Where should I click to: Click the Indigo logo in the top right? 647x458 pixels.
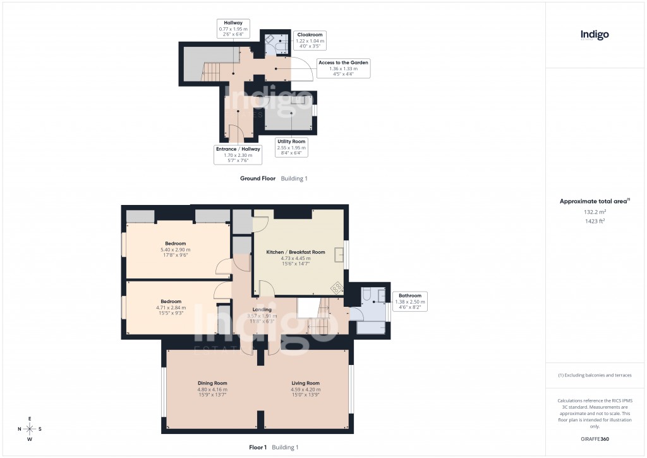(x=595, y=35)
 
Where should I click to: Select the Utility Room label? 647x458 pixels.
(x=291, y=147)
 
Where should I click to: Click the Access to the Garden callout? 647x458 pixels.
(x=343, y=68)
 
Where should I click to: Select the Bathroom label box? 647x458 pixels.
(x=410, y=302)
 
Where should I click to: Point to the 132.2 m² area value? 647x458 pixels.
(x=595, y=213)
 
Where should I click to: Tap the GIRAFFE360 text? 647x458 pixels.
(x=595, y=438)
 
